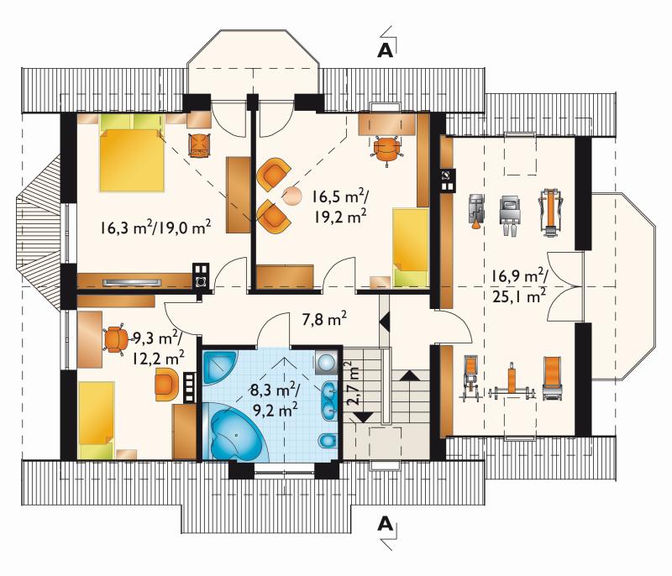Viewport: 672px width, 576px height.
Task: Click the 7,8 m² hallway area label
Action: click(324, 319)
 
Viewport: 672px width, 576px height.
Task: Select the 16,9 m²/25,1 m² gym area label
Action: click(519, 285)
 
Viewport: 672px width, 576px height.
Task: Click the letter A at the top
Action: click(385, 51)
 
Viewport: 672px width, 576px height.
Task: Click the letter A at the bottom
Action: click(385, 524)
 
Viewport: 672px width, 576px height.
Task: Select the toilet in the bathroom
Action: click(328, 441)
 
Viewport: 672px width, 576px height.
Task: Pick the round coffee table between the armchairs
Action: click(292, 196)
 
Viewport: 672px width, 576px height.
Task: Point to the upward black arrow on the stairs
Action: click(412, 375)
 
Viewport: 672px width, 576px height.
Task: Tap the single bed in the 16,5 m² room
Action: click(411, 247)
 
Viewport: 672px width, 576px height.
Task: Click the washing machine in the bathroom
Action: click(328, 362)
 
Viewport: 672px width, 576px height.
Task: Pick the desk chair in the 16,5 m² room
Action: click(387, 148)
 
